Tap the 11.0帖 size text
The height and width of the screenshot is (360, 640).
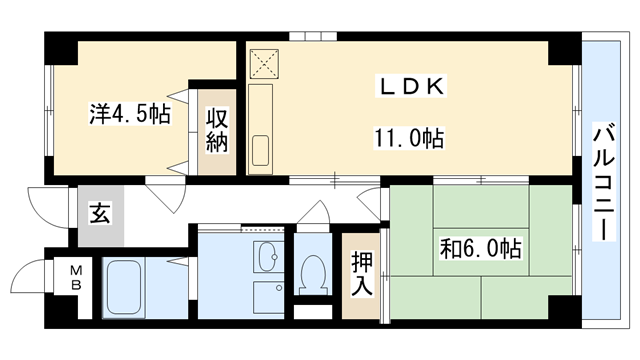click(x=410, y=137)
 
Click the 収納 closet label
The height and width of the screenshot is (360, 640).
click(x=217, y=130)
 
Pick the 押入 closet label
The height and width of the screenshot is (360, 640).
click(x=361, y=274)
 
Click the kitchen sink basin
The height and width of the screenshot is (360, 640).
click(x=262, y=151)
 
